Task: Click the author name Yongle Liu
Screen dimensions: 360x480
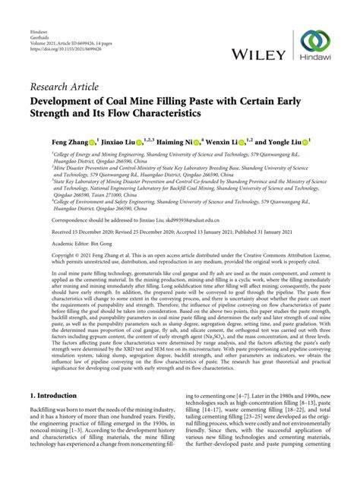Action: point(288,142)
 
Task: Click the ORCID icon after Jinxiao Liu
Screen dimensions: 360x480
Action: point(142,142)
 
